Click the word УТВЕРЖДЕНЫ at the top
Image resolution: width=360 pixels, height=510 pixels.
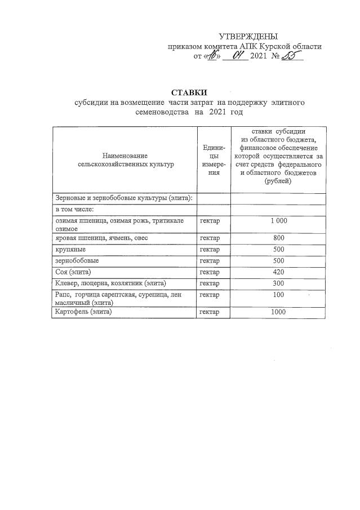click(248, 37)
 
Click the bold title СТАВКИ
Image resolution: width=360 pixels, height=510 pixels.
click(190, 92)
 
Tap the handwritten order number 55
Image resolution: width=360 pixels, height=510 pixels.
click(292, 56)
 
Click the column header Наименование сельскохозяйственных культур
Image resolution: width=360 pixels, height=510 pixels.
click(125, 159)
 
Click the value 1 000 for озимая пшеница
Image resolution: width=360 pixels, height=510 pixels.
click(278, 220)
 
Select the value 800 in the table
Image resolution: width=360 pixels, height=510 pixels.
click(278, 238)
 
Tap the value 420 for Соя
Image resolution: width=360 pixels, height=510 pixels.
click(278, 272)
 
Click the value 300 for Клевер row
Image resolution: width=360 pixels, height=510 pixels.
click(278, 283)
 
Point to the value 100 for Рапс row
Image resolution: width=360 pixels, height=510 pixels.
click(278, 295)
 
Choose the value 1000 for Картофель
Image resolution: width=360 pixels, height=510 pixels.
click(278, 312)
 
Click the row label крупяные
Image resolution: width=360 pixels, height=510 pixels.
click(68, 249)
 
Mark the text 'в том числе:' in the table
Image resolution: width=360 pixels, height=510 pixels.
click(74, 210)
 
